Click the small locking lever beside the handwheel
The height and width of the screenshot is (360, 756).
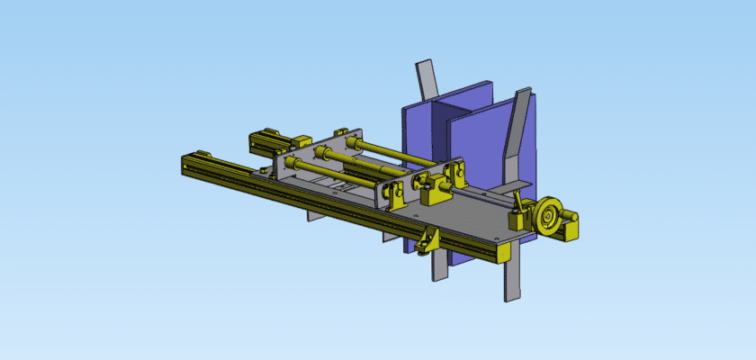point(518,217)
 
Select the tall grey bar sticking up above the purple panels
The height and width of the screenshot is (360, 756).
point(426,81)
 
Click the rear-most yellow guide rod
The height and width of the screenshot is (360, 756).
point(396,153)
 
